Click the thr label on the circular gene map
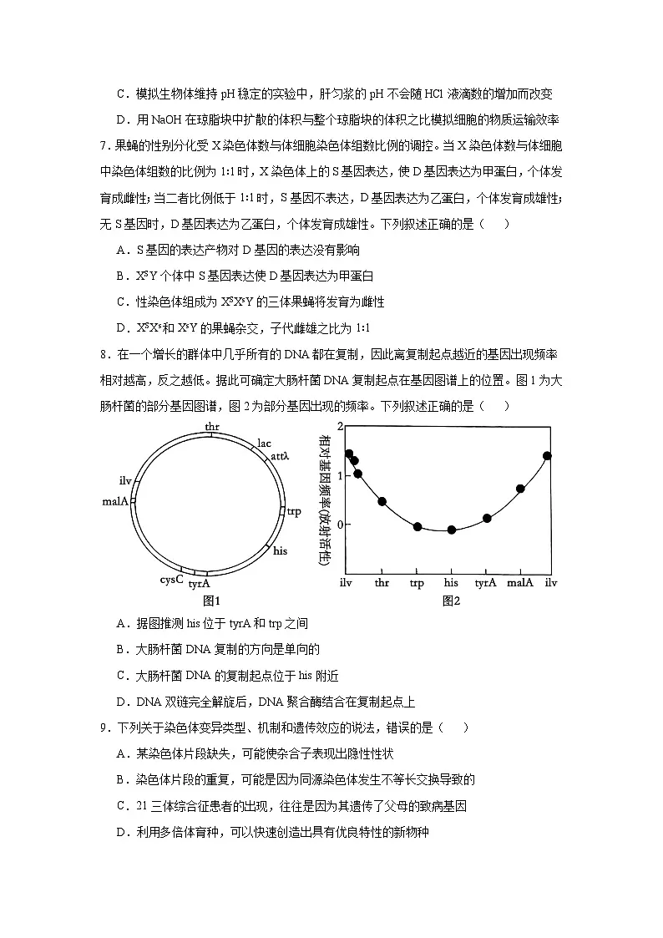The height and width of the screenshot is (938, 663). tap(212, 427)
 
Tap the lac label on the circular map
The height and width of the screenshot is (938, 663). tap(265, 443)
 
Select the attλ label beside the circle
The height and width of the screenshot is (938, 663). tap(279, 456)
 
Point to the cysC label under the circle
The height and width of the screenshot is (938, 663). tap(171, 579)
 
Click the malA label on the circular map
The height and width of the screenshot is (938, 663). tap(114, 501)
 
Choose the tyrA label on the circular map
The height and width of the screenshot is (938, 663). tap(199, 585)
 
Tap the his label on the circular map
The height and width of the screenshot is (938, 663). tap(281, 550)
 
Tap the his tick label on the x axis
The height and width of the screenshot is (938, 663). tap(451, 582)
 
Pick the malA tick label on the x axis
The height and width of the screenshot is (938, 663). tap(520, 582)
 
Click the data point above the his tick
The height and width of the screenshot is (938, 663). tap(452, 530)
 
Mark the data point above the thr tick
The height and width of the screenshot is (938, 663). tap(382, 502)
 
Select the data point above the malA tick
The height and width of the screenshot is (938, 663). tap(520, 489)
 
